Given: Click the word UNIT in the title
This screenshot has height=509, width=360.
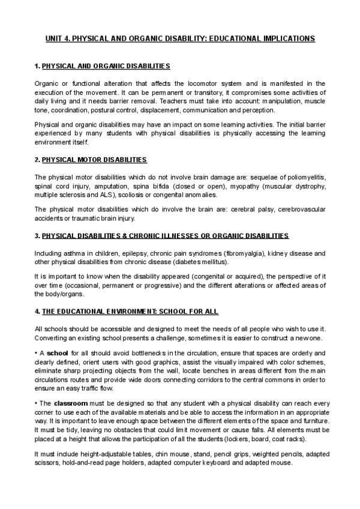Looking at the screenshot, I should [x=55, y=38].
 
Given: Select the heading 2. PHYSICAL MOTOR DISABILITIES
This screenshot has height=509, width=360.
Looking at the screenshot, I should [x=91, y=160].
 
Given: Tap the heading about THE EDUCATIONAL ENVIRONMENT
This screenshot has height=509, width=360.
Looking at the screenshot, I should [x=127, y=312].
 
